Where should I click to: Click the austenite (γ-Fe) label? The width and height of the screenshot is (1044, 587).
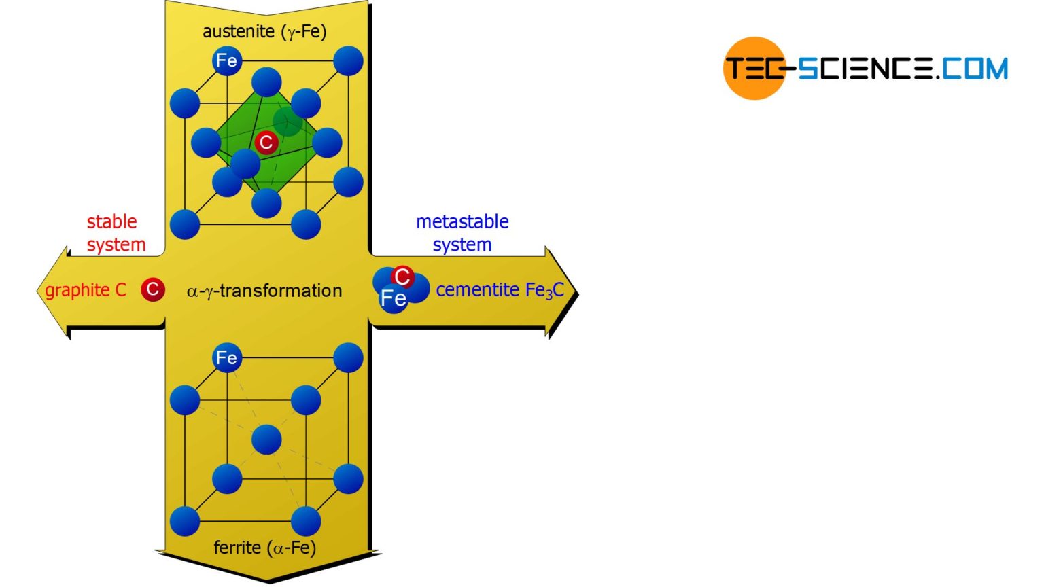point(264,31)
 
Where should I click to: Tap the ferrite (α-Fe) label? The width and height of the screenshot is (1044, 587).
point(264,547)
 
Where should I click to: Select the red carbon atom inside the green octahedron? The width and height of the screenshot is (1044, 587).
point(266,143)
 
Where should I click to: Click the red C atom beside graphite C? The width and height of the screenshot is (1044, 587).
point(153,289)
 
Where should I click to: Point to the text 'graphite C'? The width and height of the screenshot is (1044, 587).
point(86,290)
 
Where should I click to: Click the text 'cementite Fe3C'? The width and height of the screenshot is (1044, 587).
point(500,290)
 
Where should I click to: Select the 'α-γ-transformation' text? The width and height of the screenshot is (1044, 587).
point(264,291)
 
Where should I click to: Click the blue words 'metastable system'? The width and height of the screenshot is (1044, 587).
point(462,233)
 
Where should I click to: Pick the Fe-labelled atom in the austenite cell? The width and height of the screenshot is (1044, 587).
point(226,61)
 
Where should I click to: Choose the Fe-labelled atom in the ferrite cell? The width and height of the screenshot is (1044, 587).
point(226,357)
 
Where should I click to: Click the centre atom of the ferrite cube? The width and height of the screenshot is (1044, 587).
point(266,440)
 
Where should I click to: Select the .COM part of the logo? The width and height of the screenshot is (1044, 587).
point(973,69)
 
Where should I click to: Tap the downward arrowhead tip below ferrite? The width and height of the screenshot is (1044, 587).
point(268,580)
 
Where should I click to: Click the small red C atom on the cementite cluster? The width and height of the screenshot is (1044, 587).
point(402,277)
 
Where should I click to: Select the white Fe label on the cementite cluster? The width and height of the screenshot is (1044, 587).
point(393,299)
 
